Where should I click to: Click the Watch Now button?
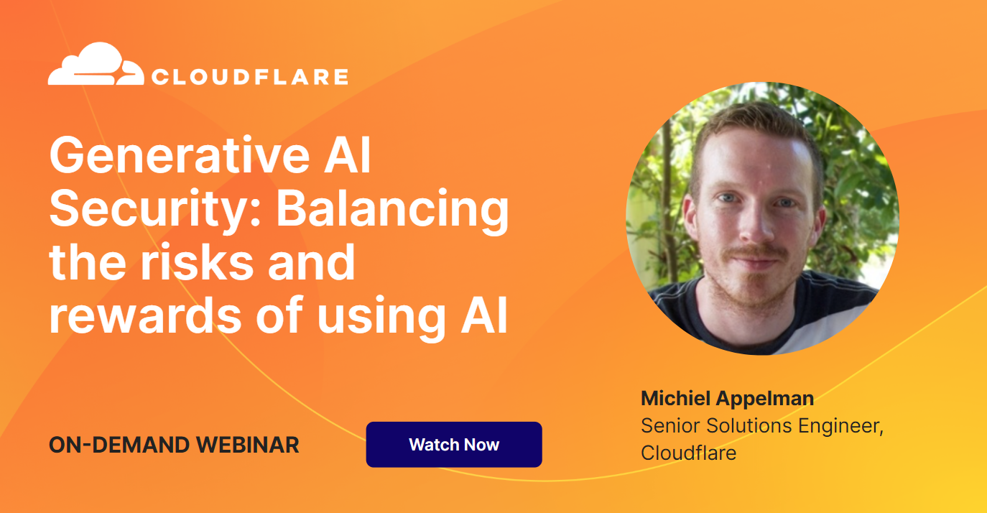[454, 444]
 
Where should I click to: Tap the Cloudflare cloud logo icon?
[96, 63]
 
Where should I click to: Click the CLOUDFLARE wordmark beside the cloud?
[250, 77]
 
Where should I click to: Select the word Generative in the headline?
[180, 155]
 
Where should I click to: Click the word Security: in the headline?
[155, 210]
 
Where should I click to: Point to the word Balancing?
[393, 210]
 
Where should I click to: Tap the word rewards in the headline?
[145, 315]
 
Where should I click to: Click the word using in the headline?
[381, 318]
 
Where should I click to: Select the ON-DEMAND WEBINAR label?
[174, 445]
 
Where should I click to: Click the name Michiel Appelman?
[727, 399]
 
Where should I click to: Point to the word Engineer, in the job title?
[840, 426]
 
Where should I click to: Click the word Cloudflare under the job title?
[688, 453]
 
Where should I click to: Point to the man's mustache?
[756, 252]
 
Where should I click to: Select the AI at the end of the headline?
[484, 315]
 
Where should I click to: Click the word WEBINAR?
[248, 445]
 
